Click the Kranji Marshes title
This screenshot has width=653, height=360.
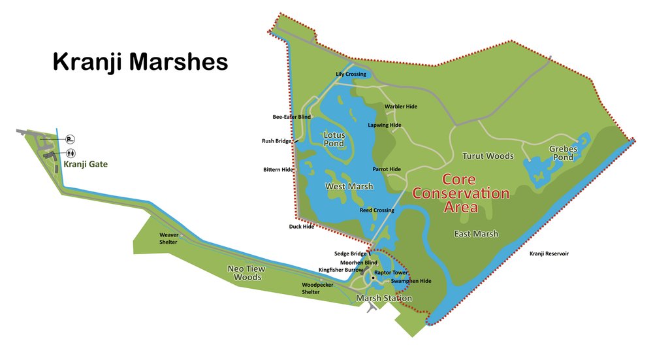(x=140, y=62)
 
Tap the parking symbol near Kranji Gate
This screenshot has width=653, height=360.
(x=70, y=139)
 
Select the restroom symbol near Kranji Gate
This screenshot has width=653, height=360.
(x=70, y=153)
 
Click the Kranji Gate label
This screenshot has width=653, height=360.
(x=85, y=165)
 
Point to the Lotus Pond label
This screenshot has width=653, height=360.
(x=334, y=139)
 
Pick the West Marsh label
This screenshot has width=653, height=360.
(x=349, y=187)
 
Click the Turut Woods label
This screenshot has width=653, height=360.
(x=488, y=156)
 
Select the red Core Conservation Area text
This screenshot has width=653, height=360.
(x=461, y=193)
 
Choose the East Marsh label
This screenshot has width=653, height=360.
(x=476, y=234)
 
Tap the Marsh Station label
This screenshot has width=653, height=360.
(x=383, y=299)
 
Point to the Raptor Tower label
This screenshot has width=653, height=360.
(x=390, y=272)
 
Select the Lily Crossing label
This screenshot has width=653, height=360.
(x=351, y=74)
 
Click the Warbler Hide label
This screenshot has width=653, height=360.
(x=401, y=106)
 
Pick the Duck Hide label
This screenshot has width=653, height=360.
(x=301, y=227)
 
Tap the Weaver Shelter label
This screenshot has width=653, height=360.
(x=168, y=238)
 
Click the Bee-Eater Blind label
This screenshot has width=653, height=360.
(x=291, y=117)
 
